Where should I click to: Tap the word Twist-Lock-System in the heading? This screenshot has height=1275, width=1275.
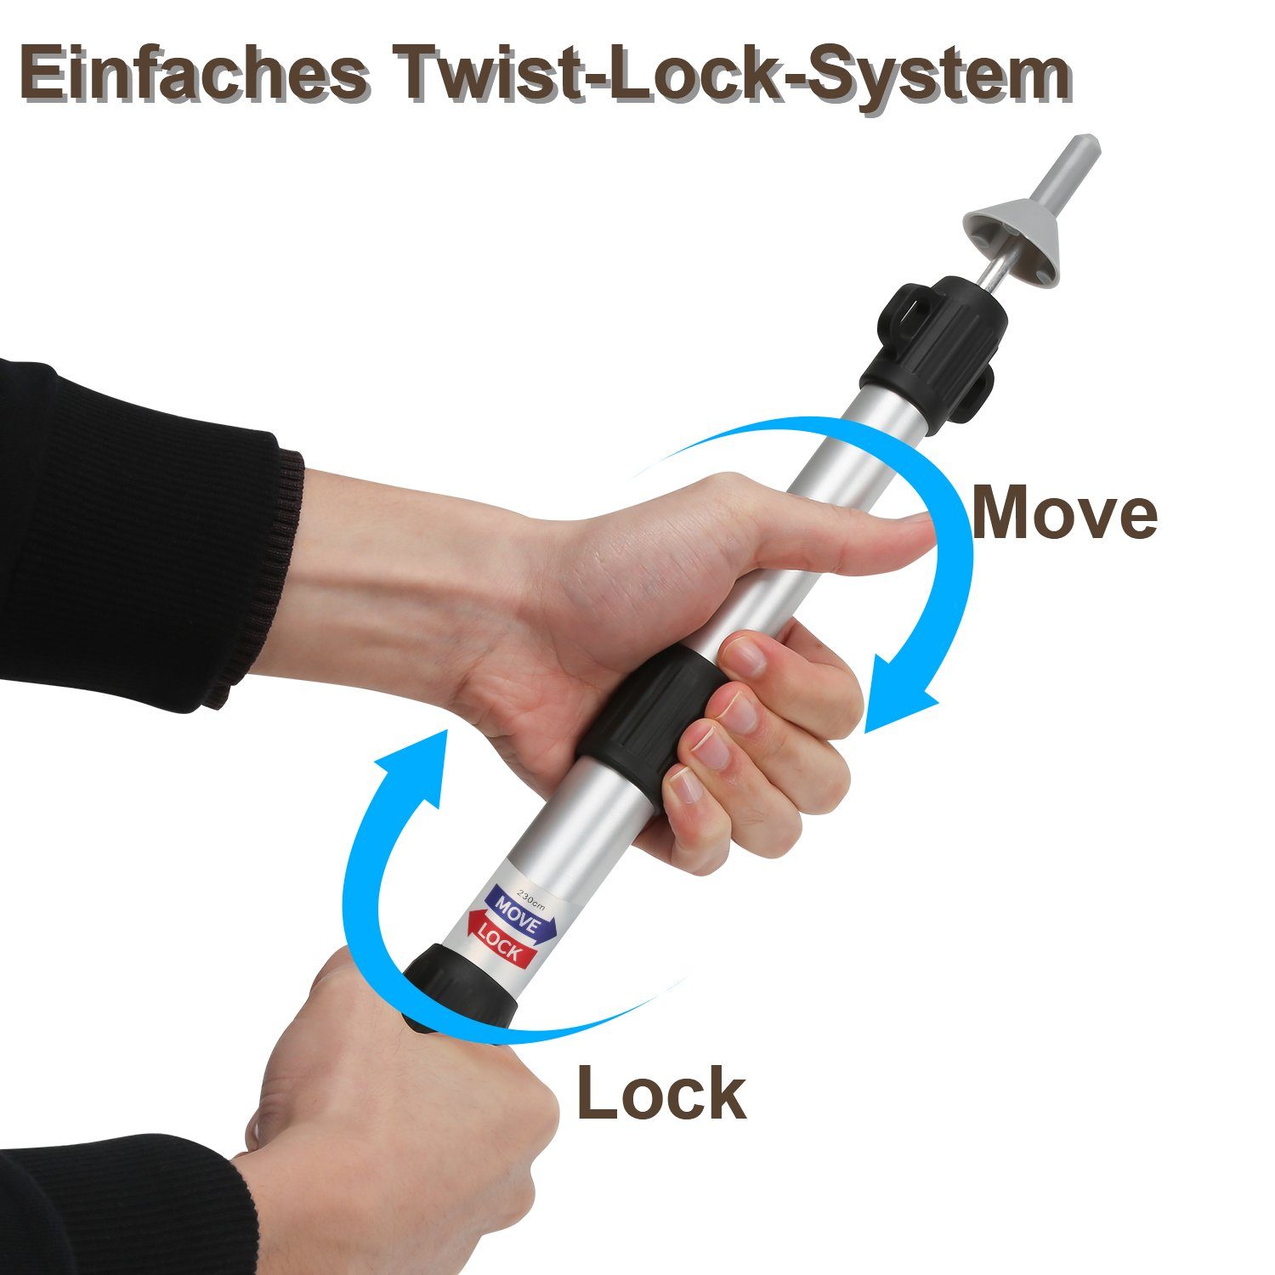click(x=736, y=76)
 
